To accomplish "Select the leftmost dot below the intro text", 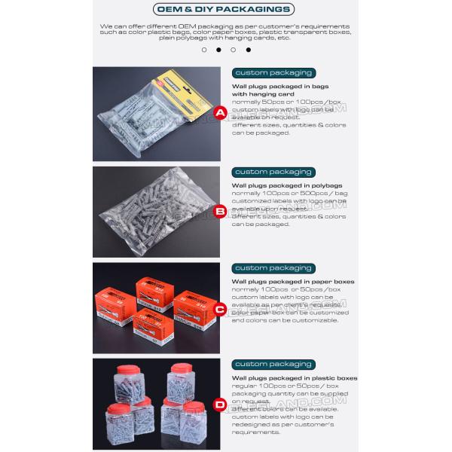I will (x=204, y=50).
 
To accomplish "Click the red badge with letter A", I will (x=220, y=114).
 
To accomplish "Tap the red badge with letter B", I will (x=220, y=212).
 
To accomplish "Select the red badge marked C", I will (x=220, y=309).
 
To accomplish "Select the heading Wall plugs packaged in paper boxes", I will (x=292, y=282).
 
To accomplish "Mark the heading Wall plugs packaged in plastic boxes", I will (x=294, y=378).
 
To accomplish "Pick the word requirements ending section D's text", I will (x=255, y=433).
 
